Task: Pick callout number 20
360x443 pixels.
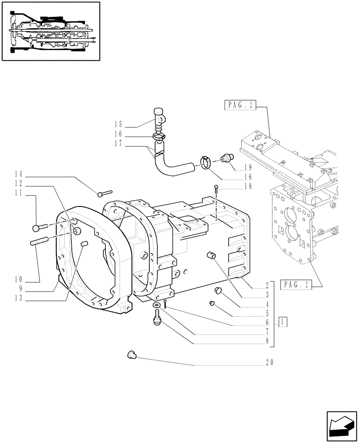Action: pyautogui.click(x=269, y=362)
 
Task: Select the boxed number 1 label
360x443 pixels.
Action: pyautogui.click(x=282, y=322)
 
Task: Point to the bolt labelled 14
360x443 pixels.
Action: pyautogui.click(x=104, y=193)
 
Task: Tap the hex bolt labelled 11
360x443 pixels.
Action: pyautogui.click(x=38, y=228)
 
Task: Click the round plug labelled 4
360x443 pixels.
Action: pyautogui.click(x=218, y=290)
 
